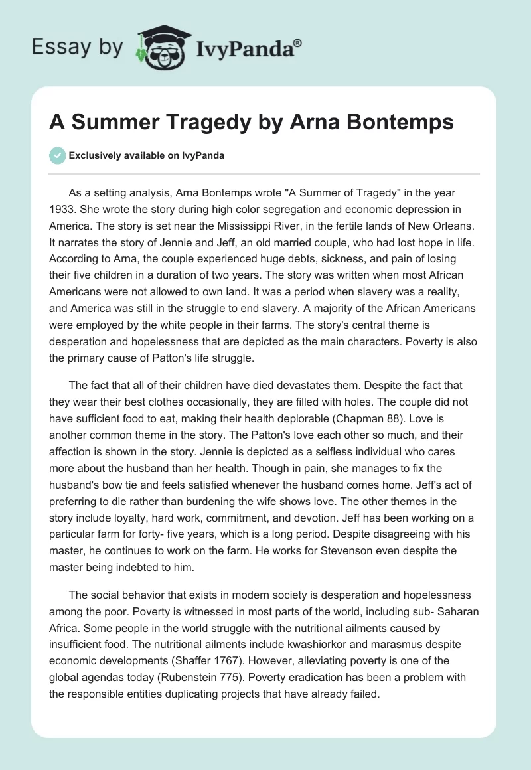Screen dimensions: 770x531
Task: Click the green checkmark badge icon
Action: click(x=57, y=155)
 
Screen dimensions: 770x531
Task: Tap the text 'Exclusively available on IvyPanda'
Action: click(x=146, y=156)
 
